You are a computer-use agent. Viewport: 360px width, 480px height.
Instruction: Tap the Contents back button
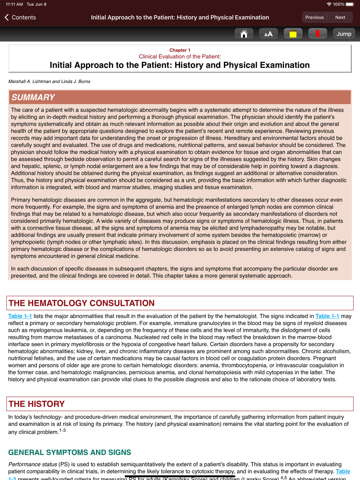tap(21, 17)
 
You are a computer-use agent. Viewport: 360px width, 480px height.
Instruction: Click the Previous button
tap(314, 17)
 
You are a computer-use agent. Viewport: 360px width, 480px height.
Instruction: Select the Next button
tap(340, 17)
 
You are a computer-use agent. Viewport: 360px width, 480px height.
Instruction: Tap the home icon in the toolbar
tap(244, 34)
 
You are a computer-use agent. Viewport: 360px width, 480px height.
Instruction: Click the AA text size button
tap(268, 34)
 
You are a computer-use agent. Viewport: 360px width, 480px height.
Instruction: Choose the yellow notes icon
tap(293, 34)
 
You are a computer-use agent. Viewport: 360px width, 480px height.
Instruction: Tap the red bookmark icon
tap(317, 34)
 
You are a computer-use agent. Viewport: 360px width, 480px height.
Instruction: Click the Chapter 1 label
tap(180, 50)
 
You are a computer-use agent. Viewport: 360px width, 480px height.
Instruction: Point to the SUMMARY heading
tap(33, 97)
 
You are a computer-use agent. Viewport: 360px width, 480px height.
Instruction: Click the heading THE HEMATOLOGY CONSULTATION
tap(82, 303)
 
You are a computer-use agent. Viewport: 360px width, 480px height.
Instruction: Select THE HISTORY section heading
tap(37, 404)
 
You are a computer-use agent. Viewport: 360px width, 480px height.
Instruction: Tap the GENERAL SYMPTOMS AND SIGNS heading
tap(69, 452)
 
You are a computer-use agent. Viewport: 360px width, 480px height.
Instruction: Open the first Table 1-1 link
tap(20, 316)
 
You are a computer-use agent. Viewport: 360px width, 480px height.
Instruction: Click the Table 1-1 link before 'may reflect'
tap(327, 316)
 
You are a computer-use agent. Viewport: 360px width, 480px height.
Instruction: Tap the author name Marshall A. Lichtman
tap(30, 81)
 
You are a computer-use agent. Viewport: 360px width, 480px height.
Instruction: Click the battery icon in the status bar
tap(350, 4)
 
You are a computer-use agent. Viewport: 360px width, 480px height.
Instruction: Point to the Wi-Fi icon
tap(329, 4)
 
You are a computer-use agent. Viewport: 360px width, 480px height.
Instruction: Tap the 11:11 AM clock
tap(14, 4)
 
